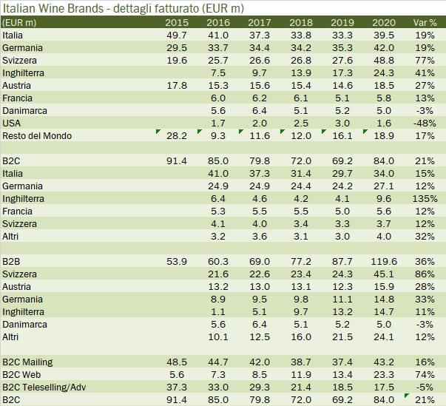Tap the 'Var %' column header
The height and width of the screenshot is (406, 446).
pyautogui.click(x=425, y=22)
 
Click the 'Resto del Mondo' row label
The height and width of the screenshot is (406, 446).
pyautogui.click(x=36, y=135)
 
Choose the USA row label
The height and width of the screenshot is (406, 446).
pyautogui.click(x=12, y=123)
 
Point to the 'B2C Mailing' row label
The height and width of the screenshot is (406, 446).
pyautogui.click(x=28, y=362)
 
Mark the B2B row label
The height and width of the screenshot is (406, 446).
pyautogui.click(x=11, y=261)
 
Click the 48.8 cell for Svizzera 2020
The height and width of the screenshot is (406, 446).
pyautogui.click(x=386, y=60)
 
